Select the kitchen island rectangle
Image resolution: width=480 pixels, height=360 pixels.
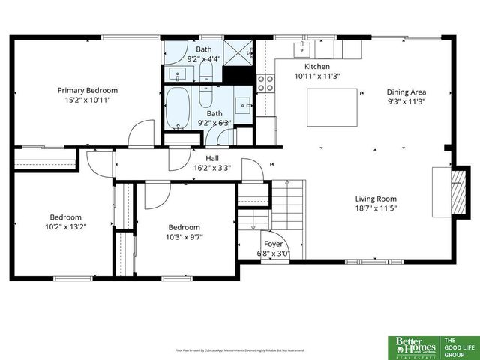[331, 107]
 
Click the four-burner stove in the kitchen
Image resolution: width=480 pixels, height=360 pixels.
[266, 82]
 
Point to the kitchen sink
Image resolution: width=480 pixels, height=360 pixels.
[303, 49]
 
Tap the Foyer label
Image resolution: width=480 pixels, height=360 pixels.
[273, 244]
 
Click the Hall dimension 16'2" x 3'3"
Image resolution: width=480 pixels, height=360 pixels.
[212, 168]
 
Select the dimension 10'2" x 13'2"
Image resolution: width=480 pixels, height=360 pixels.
[66, 226]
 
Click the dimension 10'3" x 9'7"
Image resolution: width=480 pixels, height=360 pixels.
[184, 236]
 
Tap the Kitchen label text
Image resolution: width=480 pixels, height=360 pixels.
[306, 66]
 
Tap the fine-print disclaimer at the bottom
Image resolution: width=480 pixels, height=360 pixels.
[239, 349]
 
